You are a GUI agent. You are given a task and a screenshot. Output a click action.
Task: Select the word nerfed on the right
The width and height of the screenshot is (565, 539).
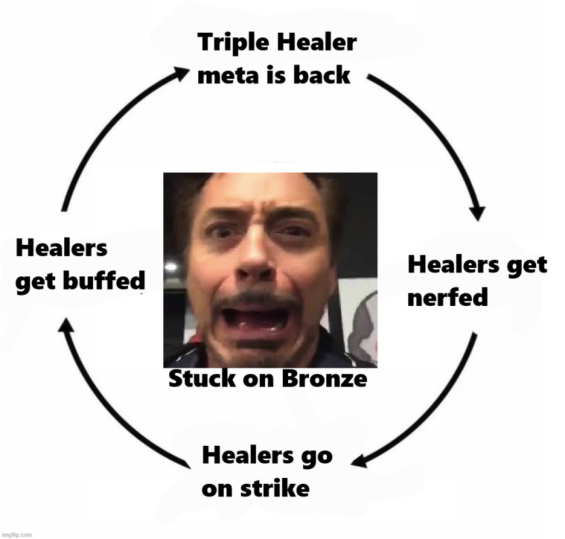tap(448, 298)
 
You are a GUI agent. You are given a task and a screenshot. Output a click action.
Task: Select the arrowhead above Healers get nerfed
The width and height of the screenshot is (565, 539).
tap(478, 213)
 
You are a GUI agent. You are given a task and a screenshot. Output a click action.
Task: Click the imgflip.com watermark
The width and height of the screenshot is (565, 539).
tap(16, 534)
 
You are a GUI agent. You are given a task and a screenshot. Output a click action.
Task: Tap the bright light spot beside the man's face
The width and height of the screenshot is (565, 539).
tap(171, 267)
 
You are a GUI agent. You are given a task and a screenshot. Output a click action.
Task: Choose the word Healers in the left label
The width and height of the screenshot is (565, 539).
tap(61, 249)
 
